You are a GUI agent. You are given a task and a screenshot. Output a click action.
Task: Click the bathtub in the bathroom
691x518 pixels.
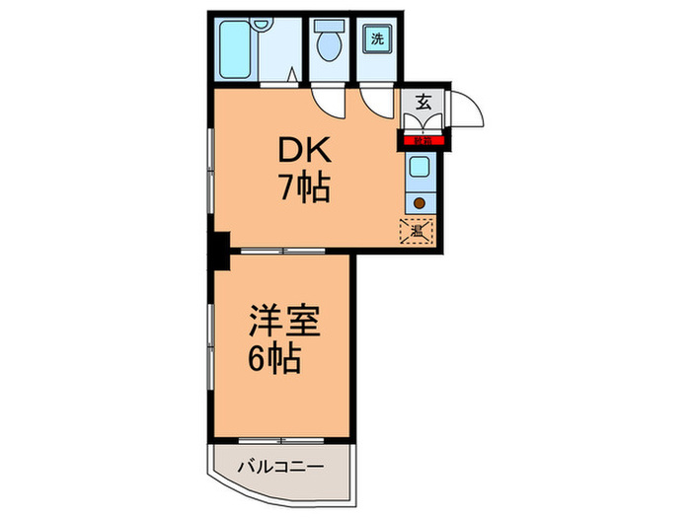[237, 49]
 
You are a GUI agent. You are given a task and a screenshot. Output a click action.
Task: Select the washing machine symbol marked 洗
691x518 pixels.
[378, 39]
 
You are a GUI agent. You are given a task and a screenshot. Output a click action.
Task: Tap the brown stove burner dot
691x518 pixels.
[420, 204]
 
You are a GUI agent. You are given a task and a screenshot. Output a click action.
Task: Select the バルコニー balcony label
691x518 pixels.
[278, 464]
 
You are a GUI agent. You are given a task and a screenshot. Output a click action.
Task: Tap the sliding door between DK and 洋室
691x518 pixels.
[283, 251]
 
